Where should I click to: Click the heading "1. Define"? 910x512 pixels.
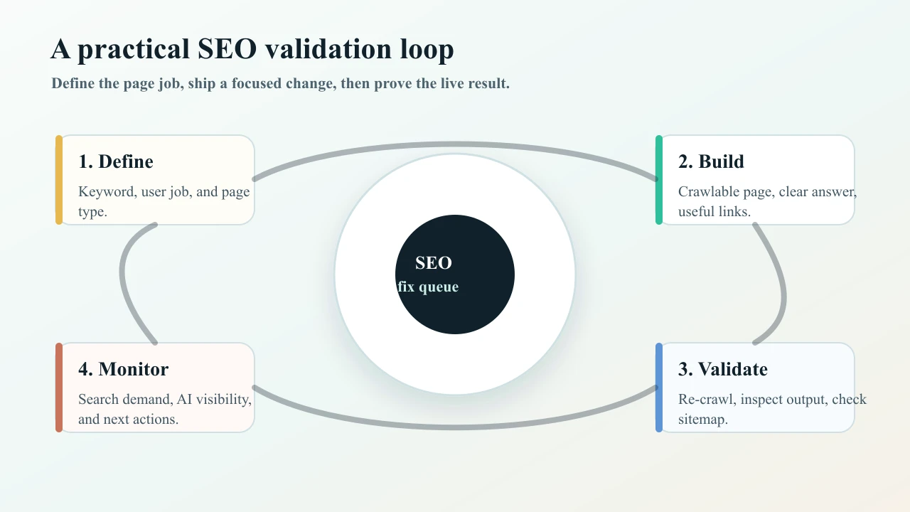click(x=116, y=161)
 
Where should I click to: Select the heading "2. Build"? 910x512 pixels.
click(x=711, y=161)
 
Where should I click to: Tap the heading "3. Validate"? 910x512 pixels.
click(x=722, y=369)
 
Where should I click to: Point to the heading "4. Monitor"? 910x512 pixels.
click(x=124, y=369)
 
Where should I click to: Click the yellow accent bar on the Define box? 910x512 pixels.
click(x=59, y=180)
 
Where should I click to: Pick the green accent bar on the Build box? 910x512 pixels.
click(x=659, y=180)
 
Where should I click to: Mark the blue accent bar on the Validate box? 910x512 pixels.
click(x=659, y=388)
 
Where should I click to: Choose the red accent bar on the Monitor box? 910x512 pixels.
click(x=59, y=388)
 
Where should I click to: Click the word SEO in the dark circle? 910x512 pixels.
click(x=434, y=263)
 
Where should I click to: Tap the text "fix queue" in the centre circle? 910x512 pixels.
click(x=428, y=287)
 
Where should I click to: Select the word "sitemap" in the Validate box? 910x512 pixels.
click(x=701, y=420)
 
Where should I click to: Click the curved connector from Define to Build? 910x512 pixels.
click(x=455, y=144)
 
